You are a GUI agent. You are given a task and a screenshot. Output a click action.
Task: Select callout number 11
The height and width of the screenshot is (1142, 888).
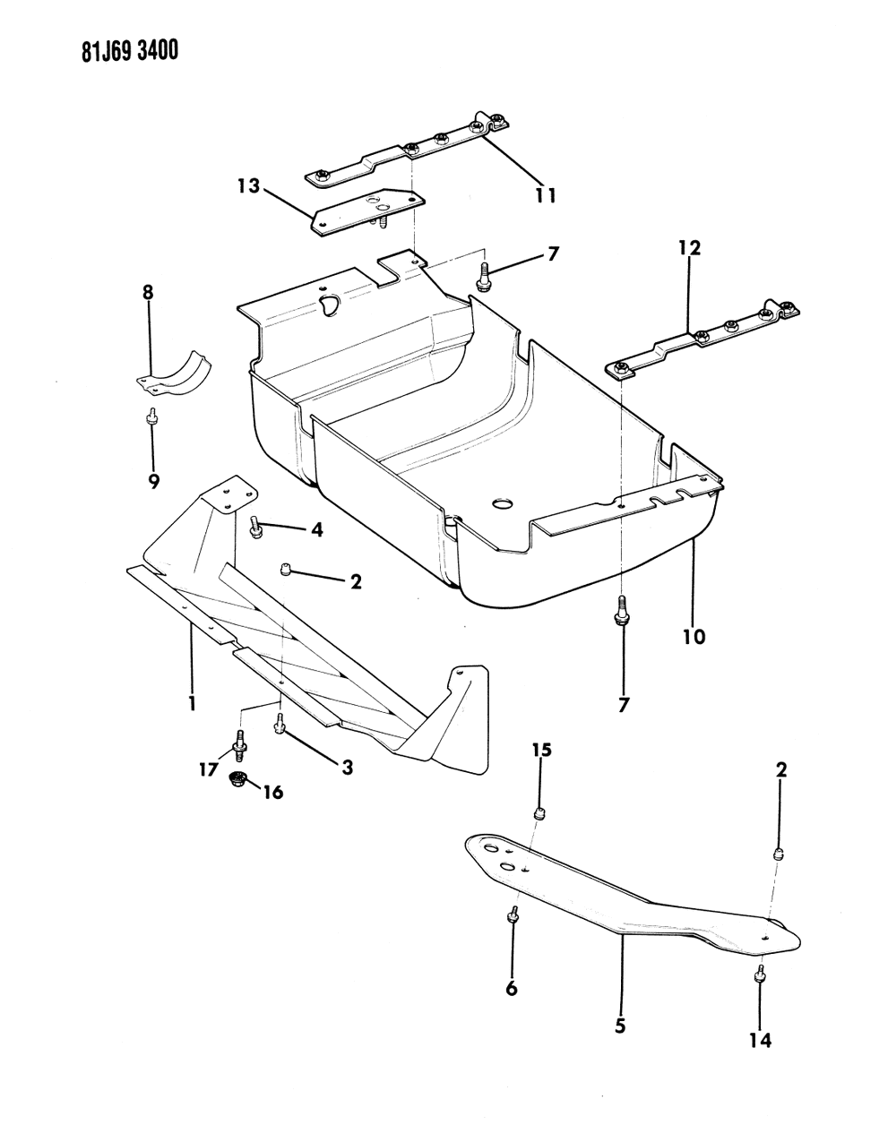(x=546, y=194)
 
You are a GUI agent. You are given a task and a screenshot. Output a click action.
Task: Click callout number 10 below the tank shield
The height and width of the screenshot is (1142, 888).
(x=694, y=637)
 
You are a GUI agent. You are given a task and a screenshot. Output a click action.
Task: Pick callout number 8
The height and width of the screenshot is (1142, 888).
(x=148, y=292)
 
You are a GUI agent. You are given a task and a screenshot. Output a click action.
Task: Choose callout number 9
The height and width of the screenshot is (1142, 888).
(x=154, y=481)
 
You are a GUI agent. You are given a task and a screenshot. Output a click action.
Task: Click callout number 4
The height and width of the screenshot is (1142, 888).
(x=316, y=529)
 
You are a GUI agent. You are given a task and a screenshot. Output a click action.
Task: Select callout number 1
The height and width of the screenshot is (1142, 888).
(x=192, y=703)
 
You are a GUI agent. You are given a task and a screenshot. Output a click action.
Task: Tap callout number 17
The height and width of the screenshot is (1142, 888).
(x=209, y=768)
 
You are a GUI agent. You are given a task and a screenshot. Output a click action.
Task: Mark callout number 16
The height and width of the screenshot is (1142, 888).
(x=272, y=792)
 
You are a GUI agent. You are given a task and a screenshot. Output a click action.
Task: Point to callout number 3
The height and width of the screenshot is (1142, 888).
(x=346, y=767)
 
